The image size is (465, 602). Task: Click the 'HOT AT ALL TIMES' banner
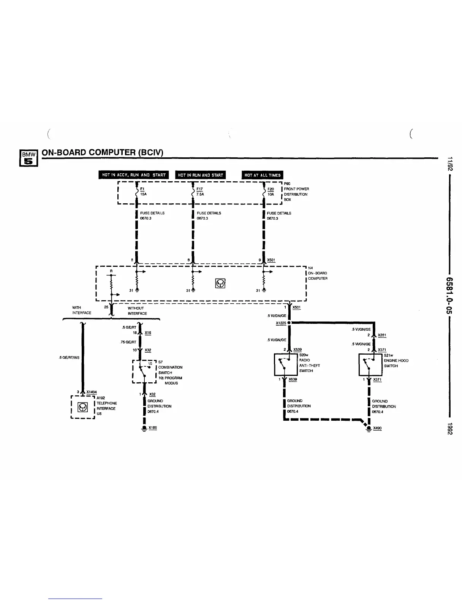point(263,175)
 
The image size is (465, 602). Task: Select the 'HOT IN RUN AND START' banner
point(200,175)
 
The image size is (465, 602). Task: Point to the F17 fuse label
point(199,189)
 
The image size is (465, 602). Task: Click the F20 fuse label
point(270,189)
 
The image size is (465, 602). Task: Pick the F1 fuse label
point(142,189)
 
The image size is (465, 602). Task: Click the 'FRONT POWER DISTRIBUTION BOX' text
point(296,194)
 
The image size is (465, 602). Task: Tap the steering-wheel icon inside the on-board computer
point(220,284)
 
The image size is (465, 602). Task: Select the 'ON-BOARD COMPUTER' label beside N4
point(317,276)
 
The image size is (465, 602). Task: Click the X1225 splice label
point(281,323)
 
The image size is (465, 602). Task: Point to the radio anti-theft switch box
point(286,364)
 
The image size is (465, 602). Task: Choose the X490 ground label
point(377,428)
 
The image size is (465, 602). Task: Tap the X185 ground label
point(152,428)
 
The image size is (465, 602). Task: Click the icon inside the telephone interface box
point(83,407)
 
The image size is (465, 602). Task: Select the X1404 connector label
point(92,392)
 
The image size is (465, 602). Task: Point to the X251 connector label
point(382,335)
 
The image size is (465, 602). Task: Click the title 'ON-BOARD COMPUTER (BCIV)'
point(102,152)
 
